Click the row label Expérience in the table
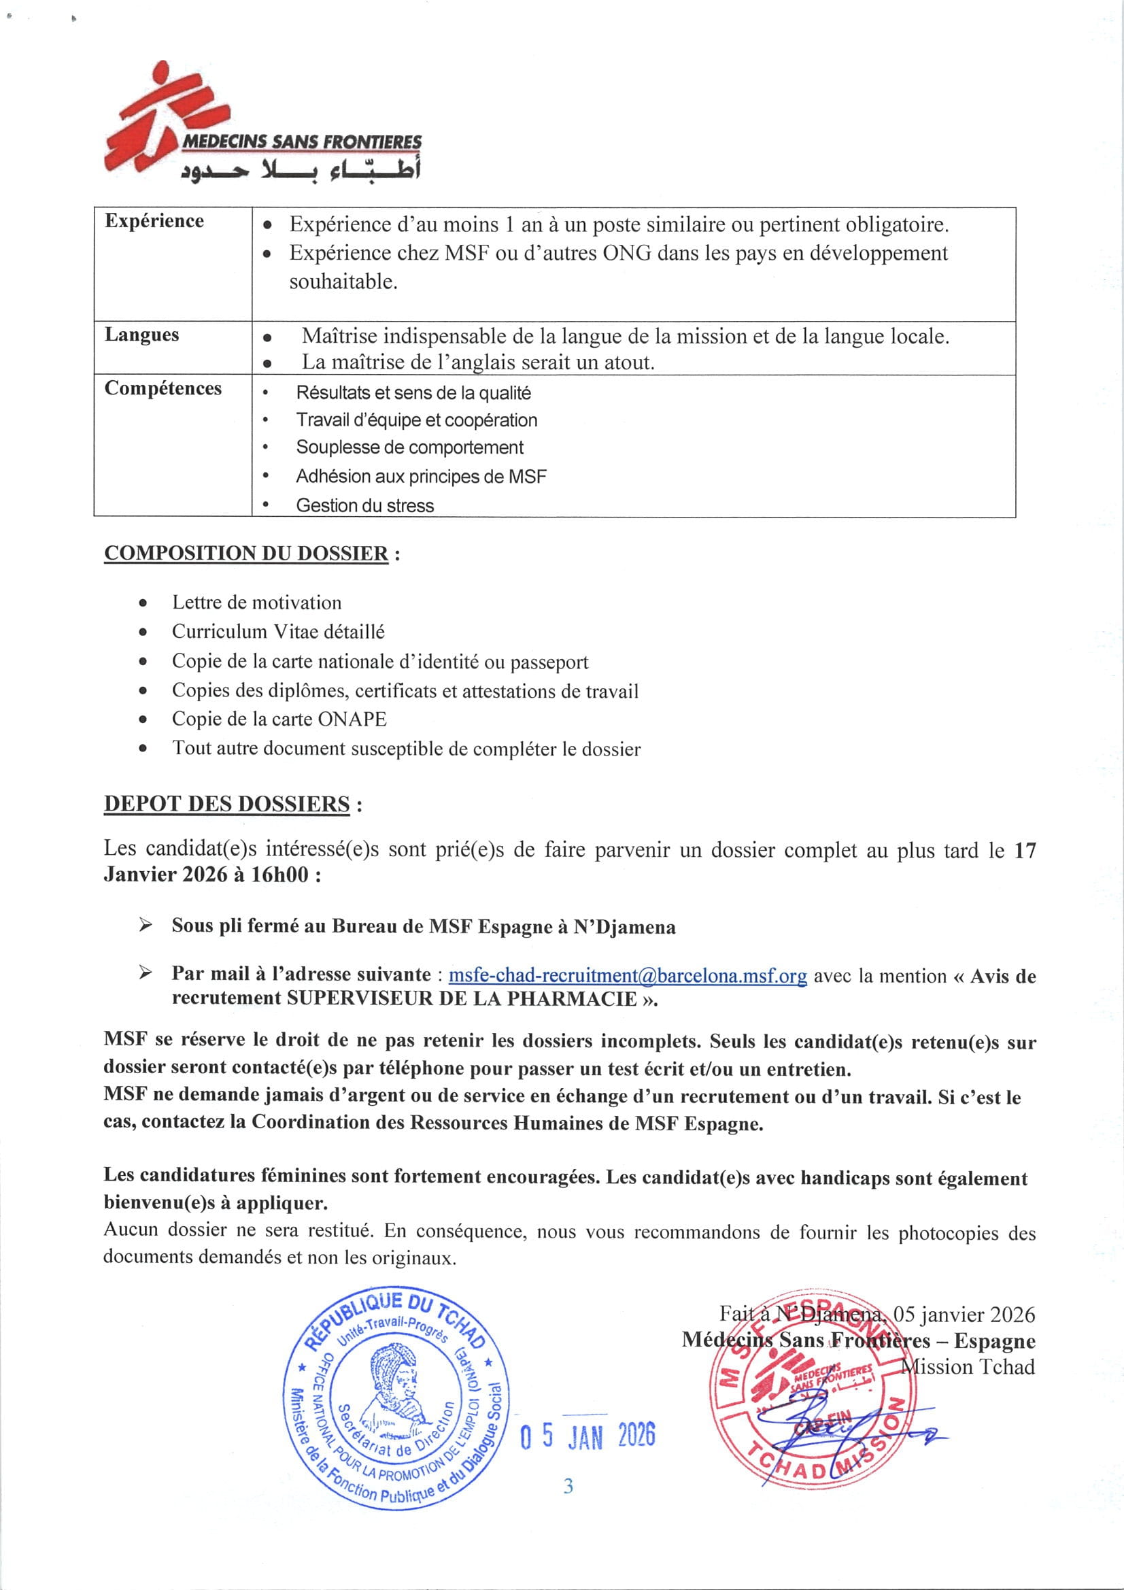click(154, 221)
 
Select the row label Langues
click(142, 335)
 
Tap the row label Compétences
click(163, 388)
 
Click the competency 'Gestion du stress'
click(365, 505)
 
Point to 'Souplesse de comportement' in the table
click(409, 447)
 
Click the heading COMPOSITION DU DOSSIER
click(247, 554)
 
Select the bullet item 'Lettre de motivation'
click(257, 603)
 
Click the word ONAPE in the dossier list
click(352, 719)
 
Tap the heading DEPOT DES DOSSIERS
click(227, 804)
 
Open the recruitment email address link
click(628, 975)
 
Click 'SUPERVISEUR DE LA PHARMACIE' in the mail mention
click(462, 998)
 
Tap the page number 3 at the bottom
click(568, 1486)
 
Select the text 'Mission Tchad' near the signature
click(968, 1366)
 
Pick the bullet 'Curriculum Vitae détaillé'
click(278, 632)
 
